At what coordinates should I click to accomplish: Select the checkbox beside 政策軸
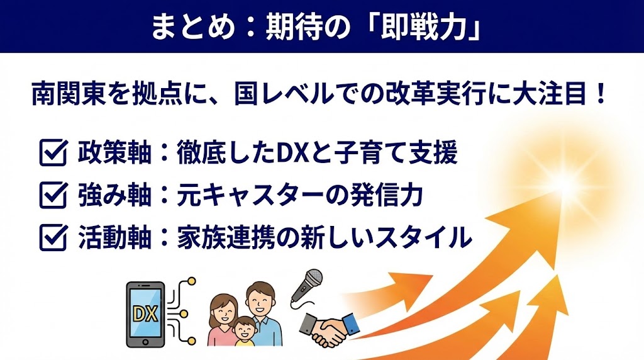point(53,154)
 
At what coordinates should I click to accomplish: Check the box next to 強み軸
point(53,196)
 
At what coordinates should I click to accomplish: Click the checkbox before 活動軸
point(53,237)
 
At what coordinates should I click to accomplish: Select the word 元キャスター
point(241,196)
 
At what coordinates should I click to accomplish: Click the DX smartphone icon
point(145,313)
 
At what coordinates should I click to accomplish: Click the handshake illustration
point(328,327)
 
